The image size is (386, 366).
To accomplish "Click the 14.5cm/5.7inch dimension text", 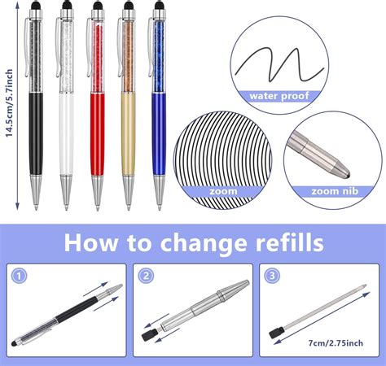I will (x=11, y=103).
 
